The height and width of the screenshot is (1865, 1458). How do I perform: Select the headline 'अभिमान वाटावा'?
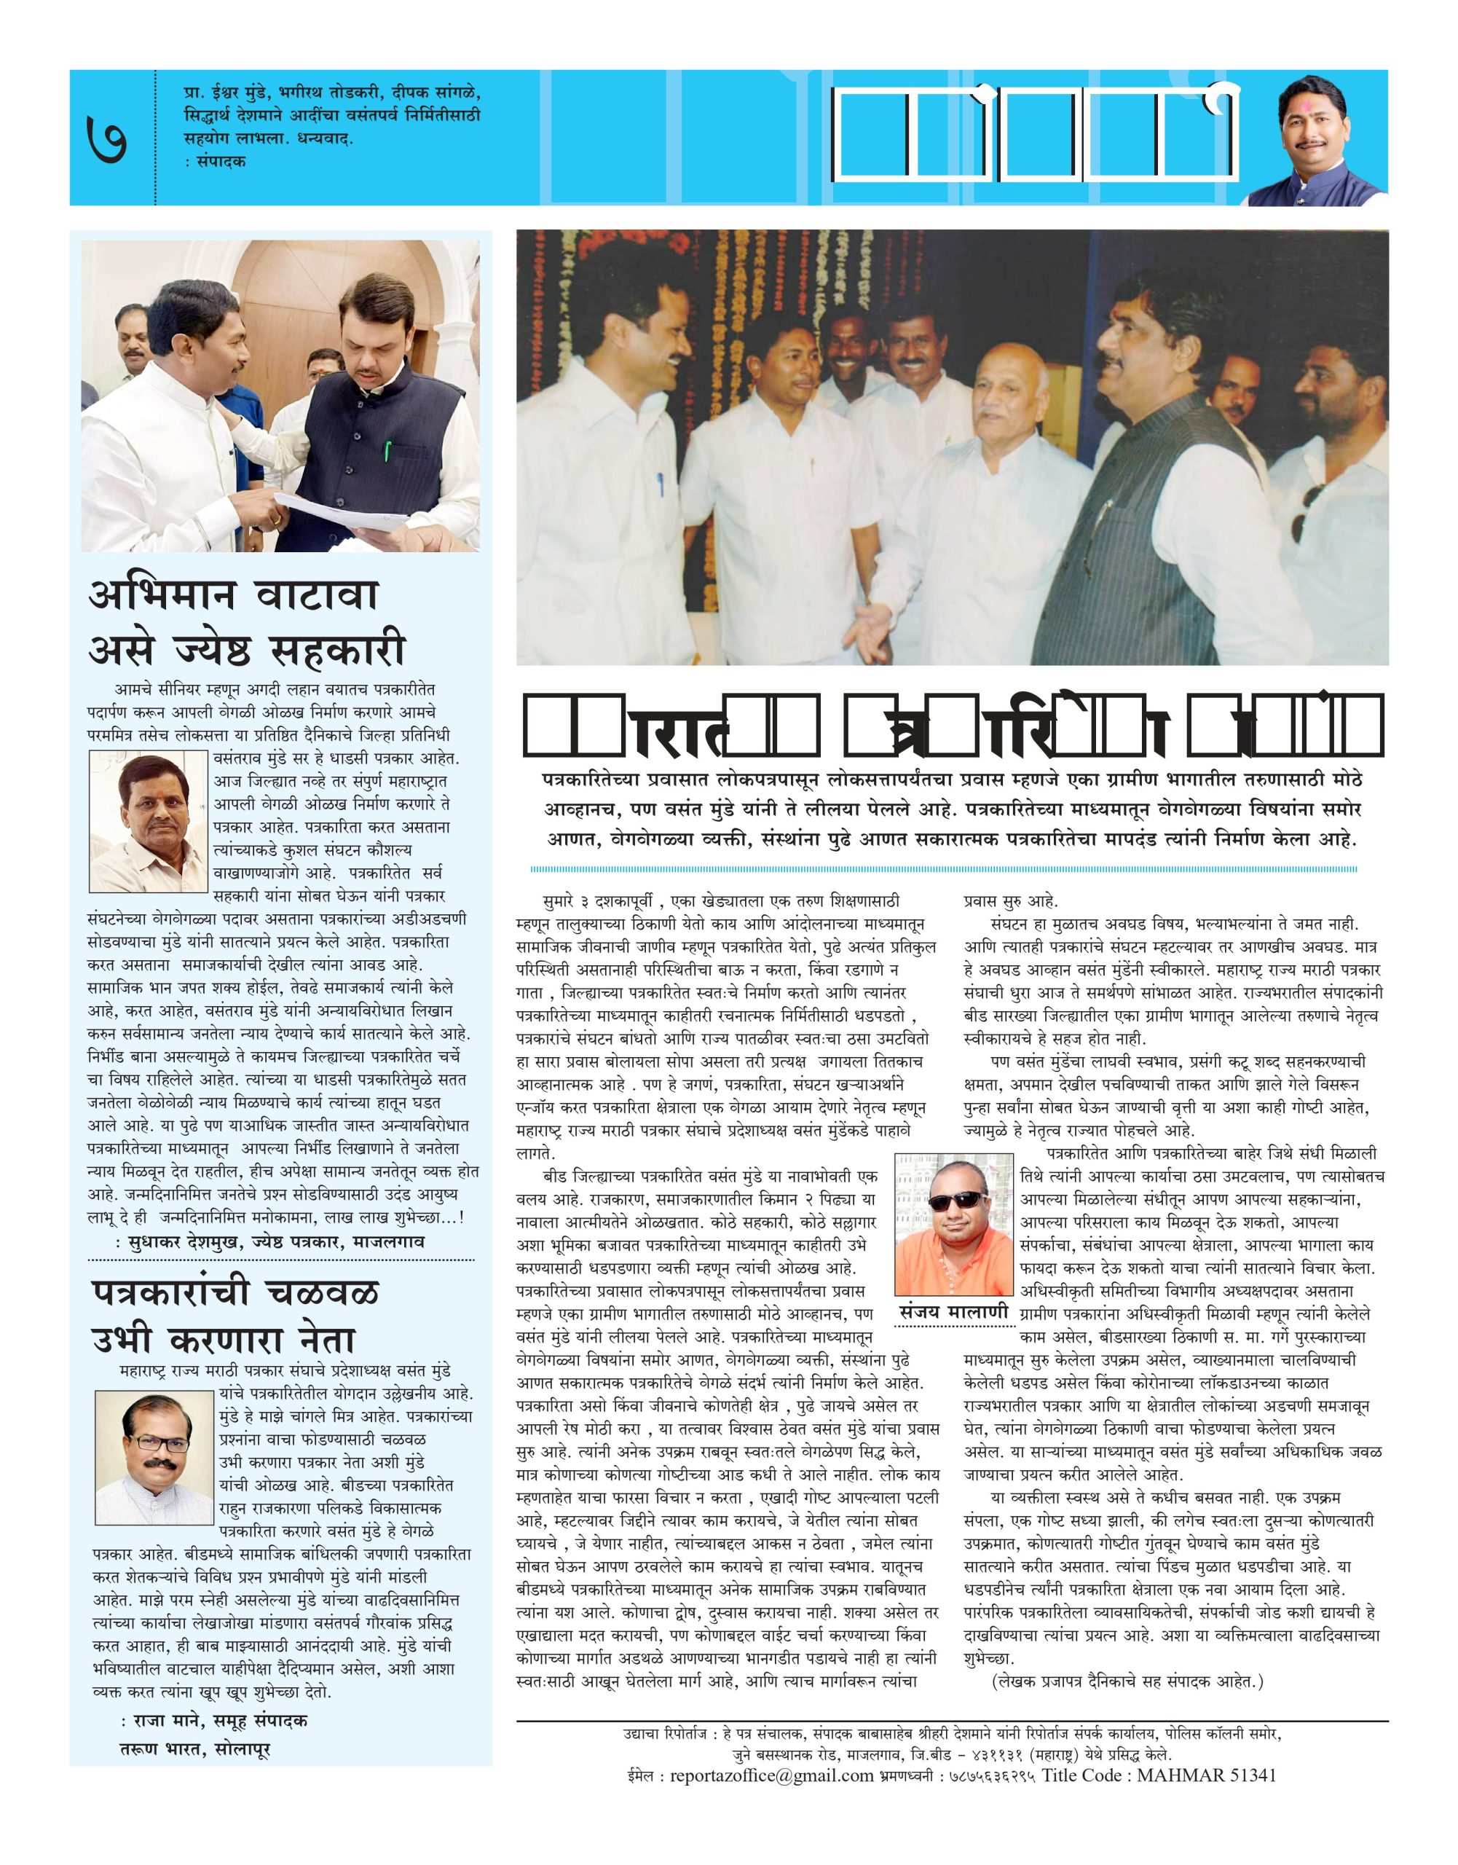pos(234,594)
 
